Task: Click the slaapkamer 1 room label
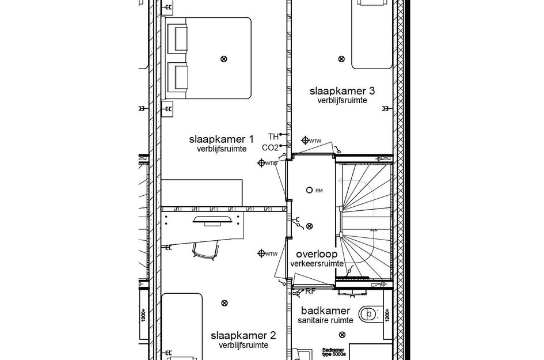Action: tap(221, 139)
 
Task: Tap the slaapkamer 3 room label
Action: tap(342, 91)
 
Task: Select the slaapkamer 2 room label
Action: tap(243, 335)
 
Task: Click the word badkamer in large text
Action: tap(325, 312)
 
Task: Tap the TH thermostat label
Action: tap(273, 137)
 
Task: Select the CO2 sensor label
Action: tap(270, 147)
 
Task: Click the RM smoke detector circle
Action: tap(310, 190)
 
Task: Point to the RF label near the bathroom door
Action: tap(310, 291)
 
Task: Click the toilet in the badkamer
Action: tap(368, 314)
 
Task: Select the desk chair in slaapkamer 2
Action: tap(206, 249)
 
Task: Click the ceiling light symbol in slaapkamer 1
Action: tap(224, 58)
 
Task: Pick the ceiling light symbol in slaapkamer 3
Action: tap(341, 59)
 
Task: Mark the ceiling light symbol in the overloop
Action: tap(310, 226)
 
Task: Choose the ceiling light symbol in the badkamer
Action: tap(343, 335)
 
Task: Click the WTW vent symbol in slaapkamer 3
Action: tap(305, 140)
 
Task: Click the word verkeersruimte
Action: tap(317, 264)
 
